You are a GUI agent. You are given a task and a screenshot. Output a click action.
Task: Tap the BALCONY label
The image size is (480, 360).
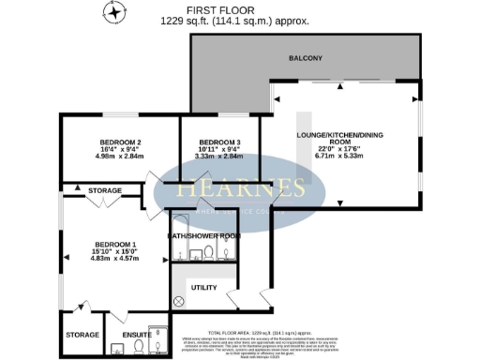click(x=306, y=59)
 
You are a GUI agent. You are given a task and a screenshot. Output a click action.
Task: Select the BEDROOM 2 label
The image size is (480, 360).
click(x=119, y=142)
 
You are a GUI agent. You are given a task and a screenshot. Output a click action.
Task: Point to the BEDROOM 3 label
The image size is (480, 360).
click(x=217, y=142)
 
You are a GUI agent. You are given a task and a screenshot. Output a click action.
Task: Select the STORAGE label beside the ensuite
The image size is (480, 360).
click(x=82, y=333)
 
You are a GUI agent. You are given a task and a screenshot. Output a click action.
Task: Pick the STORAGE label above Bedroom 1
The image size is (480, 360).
click(x=105, y=190)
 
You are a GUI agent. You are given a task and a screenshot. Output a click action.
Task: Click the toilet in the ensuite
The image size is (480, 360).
click(x=137, y=347)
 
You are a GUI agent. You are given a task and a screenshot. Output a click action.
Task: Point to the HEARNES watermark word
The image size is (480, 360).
click(x=242, y=187)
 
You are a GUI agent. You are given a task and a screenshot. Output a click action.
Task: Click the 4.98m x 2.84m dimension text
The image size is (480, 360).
click(x=119, y=158)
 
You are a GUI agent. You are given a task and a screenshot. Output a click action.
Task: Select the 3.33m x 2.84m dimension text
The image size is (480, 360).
click(x=217, y=158)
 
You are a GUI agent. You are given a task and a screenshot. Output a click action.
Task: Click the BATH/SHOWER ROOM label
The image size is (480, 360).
click(x=203, y=235)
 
